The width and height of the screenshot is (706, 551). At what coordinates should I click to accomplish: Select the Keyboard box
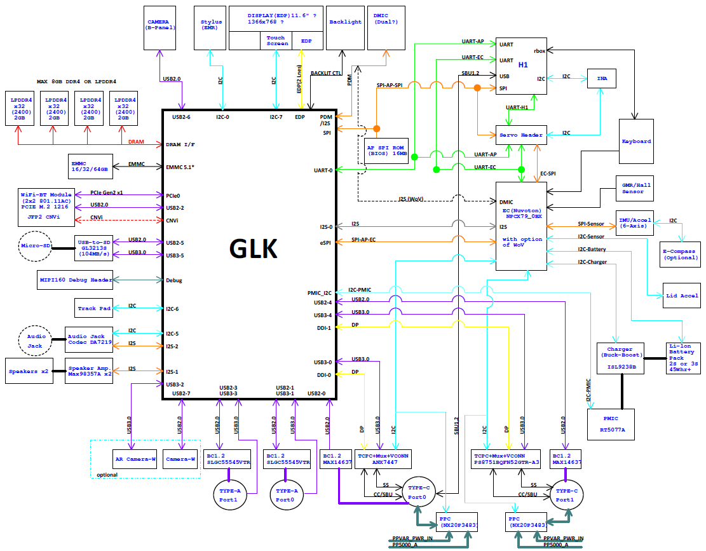coord(636,141)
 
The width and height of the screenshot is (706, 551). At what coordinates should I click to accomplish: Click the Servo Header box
coord(523,135)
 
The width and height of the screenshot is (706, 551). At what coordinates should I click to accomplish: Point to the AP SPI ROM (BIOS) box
coord(387,150)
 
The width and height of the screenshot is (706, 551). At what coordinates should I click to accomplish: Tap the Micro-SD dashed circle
coord(35,246)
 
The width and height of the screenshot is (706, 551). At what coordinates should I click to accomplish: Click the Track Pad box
coord(94,308)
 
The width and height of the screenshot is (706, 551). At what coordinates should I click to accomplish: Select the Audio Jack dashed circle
coord(35,341)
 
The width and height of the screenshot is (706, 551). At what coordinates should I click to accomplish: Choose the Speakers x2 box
coord(32,371)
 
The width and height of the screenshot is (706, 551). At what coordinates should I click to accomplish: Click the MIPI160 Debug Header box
coord(75,279)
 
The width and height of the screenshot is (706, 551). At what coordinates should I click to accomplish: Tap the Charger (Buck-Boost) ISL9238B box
coord(620,358)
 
